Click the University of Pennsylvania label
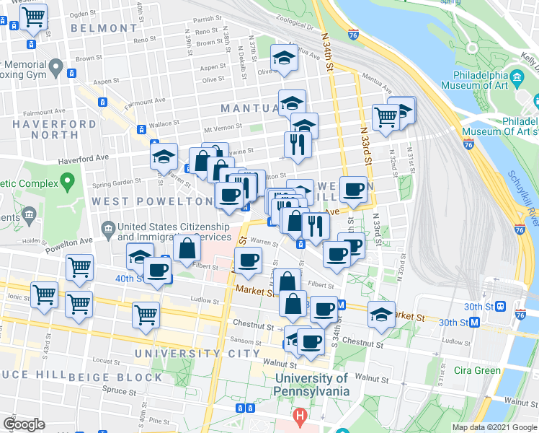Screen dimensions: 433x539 coord(311,385)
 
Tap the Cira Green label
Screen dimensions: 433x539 coord(477,371)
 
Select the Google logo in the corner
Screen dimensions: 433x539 coord(24,424)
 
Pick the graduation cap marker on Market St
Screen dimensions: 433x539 coord(381,315)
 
